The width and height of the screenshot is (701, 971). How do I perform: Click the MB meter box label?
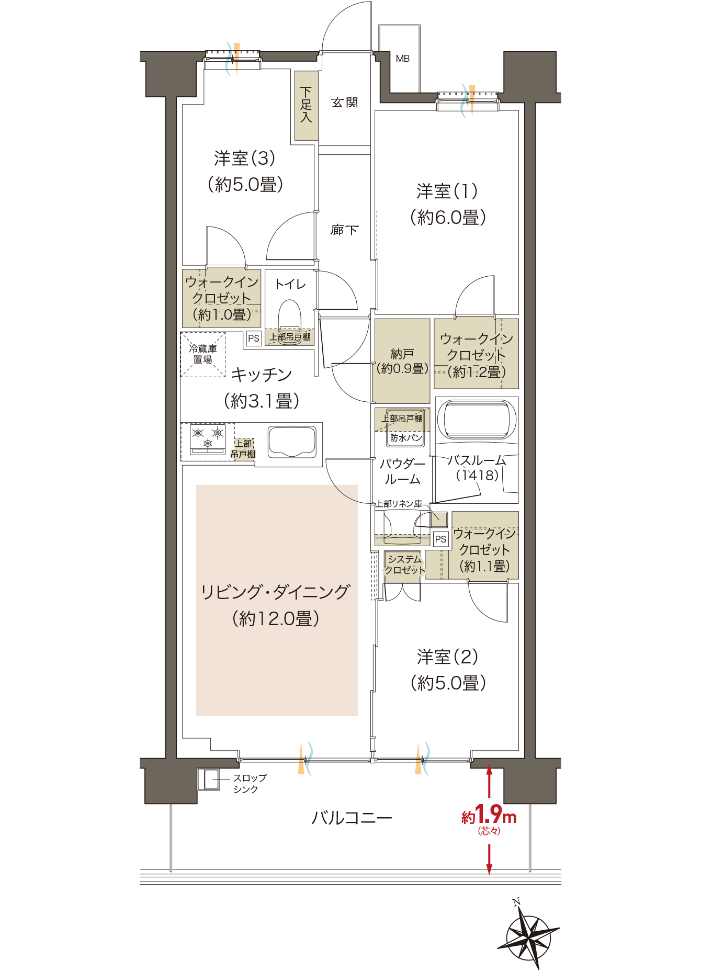coord(402,59)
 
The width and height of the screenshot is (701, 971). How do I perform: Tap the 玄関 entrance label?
coord(344,103)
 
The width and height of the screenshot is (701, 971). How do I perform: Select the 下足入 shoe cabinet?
coord(307,106)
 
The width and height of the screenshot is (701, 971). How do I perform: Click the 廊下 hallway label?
coord(344,230)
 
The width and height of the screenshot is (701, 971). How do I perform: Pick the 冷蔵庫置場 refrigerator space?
coord(203,354)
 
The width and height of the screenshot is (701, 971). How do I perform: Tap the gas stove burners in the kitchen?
coord(208,438)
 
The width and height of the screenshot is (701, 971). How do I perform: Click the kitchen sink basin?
coord(292,442)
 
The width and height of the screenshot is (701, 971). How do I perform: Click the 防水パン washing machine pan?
coord(405,437)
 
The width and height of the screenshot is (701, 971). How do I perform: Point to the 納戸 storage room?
coord(402,361)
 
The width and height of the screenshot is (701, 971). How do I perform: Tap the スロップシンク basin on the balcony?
coord(210,779)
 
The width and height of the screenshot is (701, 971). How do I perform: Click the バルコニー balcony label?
coord(351,817)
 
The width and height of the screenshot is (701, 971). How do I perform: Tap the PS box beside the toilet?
coord(254,338)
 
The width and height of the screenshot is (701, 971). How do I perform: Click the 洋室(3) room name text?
coord(244,158)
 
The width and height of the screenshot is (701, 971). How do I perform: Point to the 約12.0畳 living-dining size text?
coord(276,619)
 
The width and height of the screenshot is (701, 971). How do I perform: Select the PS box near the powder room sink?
coord(440,539)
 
